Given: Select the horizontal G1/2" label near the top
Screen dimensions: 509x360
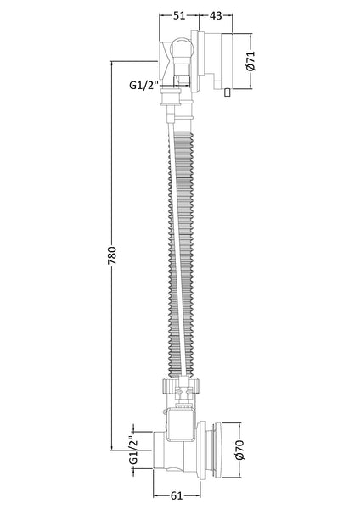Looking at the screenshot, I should click(143, 85).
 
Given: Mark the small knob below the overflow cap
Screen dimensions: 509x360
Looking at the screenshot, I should click(227, 92).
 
